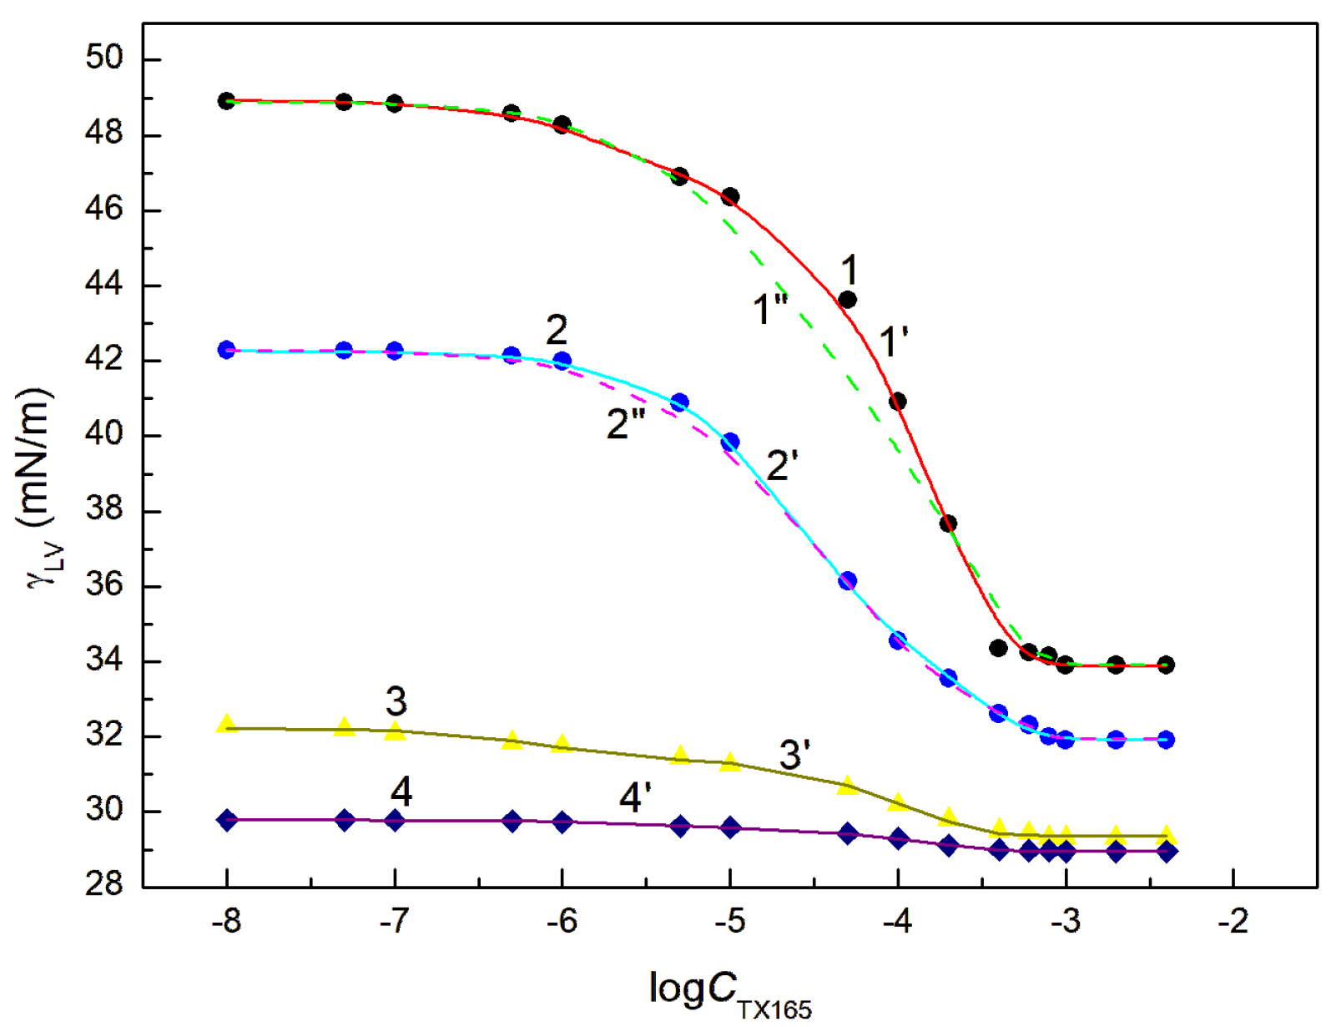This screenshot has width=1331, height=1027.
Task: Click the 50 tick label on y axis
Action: click(x=104, y=58)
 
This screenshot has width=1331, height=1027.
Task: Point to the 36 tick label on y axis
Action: click(x=104, y=584)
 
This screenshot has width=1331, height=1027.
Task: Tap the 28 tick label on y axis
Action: click(x=104, y=883)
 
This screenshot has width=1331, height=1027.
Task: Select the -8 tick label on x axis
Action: click(x=226, y=921)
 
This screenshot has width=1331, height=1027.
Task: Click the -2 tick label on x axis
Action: click(x=1233, y=921)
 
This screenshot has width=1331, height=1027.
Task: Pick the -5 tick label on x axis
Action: click(x=729, y=921)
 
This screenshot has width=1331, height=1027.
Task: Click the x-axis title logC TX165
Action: click(x=729, y=994)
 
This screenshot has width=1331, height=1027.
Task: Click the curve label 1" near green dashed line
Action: click(x=769, y=310)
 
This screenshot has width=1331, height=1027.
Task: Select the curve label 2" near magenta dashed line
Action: click(x=626, y=424)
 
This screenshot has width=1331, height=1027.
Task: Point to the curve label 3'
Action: click(x=794, y=755)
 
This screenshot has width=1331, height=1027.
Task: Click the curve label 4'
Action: click(x=635, y=797)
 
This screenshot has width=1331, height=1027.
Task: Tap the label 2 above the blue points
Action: click(x=557, y=331)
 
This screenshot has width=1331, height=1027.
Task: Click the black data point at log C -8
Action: click(x=226, y=101)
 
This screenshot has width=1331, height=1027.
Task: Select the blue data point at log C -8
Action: click(x=226, y=350)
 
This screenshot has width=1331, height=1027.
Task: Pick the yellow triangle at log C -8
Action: click(x=226, y=724)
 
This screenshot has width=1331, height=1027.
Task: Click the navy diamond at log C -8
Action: click(x=226, y=820)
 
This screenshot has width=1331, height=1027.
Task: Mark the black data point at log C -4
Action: click(x=898, y=402)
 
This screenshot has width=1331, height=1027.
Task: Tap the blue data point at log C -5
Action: click(x=730, y=442)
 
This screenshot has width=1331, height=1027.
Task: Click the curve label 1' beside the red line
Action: click(x=894, y=342)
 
